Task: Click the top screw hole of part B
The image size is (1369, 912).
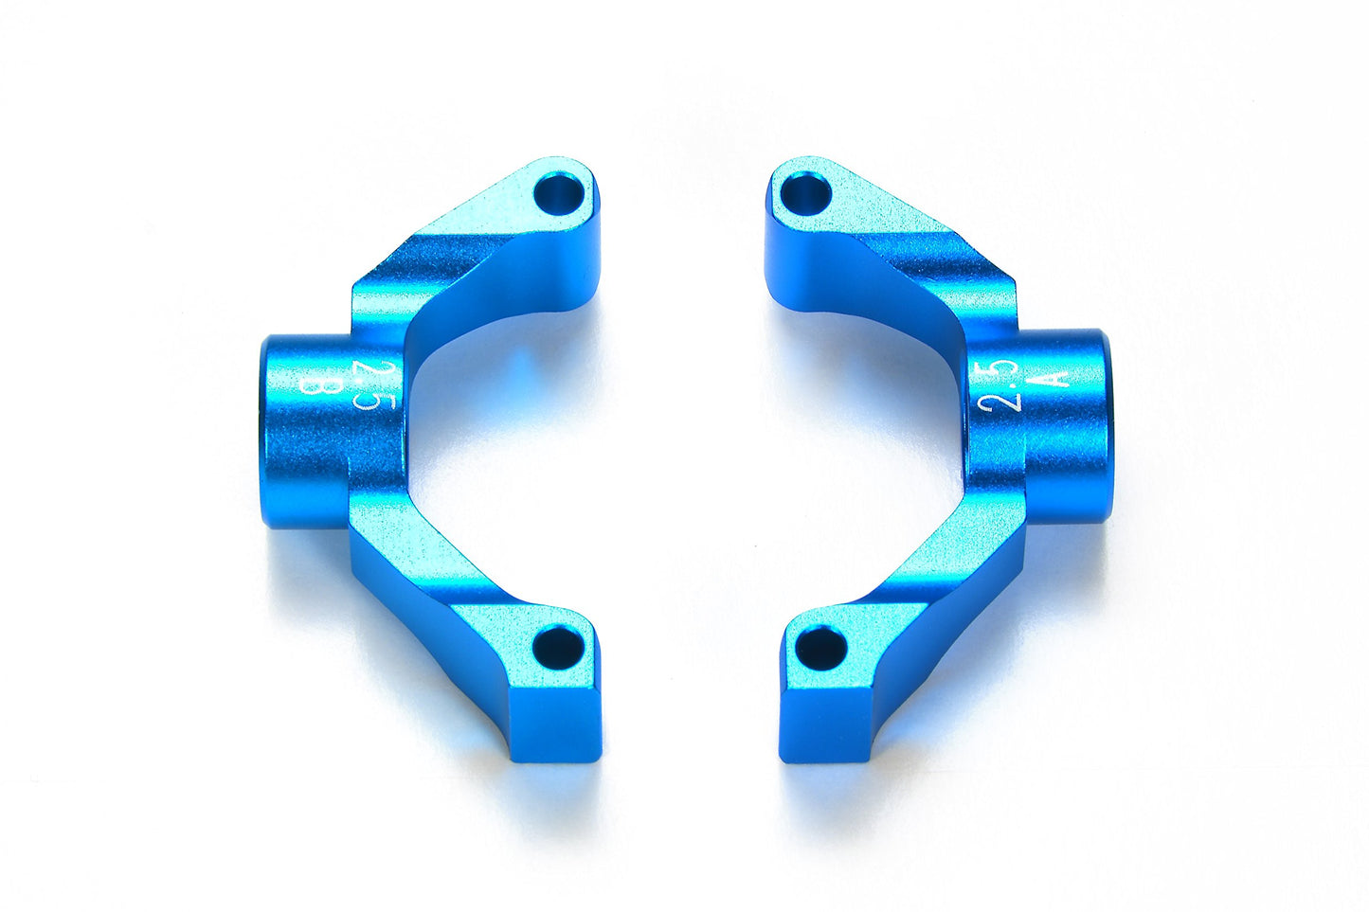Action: (x=559, y=194)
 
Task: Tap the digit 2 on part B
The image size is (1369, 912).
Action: (x=363, y=368)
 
